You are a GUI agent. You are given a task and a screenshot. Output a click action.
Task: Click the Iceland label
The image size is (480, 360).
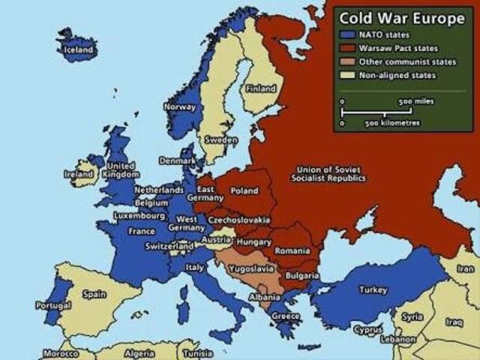(x=79, y=49)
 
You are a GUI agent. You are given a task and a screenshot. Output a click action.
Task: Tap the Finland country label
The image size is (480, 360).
(x=262, y=88)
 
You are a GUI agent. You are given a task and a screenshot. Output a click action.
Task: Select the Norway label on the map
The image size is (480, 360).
(x=180, y=107)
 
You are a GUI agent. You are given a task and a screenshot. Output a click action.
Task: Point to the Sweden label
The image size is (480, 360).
(x=221, y=140)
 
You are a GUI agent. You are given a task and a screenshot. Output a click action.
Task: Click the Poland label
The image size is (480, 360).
(x=244, y=191)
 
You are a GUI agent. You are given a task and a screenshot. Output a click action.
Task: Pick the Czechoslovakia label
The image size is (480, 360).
(x=239, y=220)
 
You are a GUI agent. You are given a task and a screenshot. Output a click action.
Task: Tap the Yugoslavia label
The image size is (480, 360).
(x=249, y=268)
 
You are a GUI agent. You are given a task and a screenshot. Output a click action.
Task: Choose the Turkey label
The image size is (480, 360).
(x=373, y=289)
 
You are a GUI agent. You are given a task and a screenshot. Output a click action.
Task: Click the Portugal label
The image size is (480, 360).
(x=53, y=306)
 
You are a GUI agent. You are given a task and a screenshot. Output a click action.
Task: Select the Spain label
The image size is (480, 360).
(x=94, y=295)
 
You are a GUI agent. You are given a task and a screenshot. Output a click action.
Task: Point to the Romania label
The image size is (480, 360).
(x=292, y=250)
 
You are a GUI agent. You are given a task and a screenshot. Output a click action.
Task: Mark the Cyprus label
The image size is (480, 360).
(x=368, y=329)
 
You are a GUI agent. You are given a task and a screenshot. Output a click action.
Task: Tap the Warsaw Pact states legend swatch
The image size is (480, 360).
(x=346, y=48)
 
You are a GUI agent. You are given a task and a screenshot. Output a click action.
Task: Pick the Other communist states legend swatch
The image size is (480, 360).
(x=346, y=61)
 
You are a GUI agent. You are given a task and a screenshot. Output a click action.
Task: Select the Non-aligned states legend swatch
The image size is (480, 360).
(x=346, y=75)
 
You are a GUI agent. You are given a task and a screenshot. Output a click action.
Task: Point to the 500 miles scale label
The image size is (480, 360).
(x=415, y=101)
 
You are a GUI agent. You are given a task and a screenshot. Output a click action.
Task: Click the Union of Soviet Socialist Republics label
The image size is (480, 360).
(x=331, y=174)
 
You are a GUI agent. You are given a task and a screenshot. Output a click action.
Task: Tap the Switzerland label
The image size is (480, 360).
(x=169, y=246)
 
